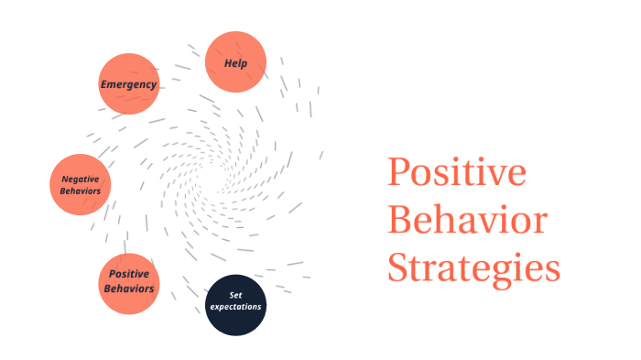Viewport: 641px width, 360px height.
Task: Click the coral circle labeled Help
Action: point(235,62)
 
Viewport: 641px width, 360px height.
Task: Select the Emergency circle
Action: point(129,84)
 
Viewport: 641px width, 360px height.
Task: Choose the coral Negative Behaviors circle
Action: point(81,184)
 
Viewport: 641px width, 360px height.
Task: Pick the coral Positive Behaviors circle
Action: point(129,283)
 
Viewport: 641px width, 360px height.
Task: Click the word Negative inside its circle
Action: point(81,179)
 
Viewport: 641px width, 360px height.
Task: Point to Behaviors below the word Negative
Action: point(81,191)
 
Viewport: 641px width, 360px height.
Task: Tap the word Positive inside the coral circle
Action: point(129,274)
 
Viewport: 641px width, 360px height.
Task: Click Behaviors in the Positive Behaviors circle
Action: point(129,289)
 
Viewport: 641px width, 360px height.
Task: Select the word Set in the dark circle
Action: point(235,295)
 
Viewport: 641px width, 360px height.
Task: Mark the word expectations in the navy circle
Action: point(235,307)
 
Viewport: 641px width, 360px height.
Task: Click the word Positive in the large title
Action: point(456,174)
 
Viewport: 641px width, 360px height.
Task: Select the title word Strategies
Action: point(473,268)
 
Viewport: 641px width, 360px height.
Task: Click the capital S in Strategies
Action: point(397,268)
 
